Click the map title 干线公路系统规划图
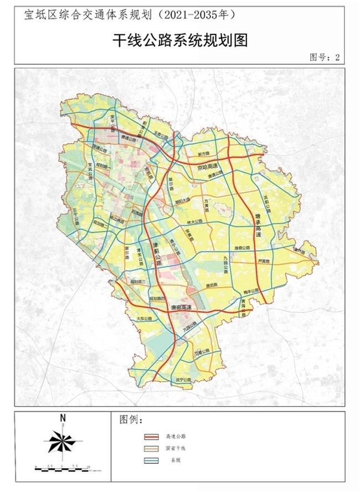point(179,39)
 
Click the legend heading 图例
point(131,419)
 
